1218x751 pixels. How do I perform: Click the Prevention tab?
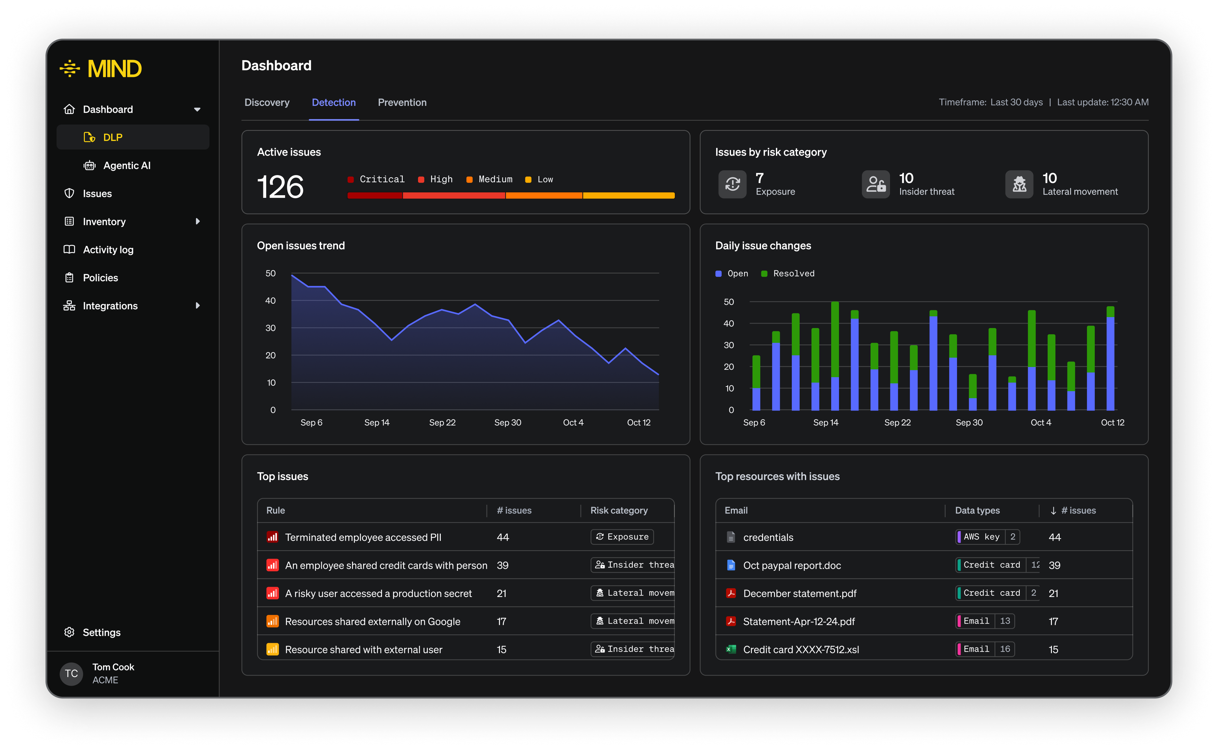tap(402, 102)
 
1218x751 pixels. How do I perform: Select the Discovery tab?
tap(267, 102)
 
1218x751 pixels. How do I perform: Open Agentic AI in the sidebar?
tap(127, 165)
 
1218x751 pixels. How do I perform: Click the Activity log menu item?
tap(108, 249)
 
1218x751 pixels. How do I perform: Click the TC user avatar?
tap(72, 673)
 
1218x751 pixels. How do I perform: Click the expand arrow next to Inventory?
tap(198, 222)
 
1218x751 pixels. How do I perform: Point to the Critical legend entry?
tap(376, 179)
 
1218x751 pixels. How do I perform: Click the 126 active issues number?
tap(280, 187)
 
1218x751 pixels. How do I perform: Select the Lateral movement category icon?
tap(1019, 184)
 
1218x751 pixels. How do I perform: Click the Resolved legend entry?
tap(788, 274)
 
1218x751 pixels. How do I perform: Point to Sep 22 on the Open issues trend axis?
tap(442, 422)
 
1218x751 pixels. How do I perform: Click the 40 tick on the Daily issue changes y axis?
tap(728, 323)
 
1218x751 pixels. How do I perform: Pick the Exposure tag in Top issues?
tap(622, 537)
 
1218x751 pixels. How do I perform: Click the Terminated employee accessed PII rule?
tap(363, 537)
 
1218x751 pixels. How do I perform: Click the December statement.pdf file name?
tap(800, 593)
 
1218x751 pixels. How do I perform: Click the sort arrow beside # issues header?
tap(1053, 511)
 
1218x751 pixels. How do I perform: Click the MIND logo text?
tap(114, 69)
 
